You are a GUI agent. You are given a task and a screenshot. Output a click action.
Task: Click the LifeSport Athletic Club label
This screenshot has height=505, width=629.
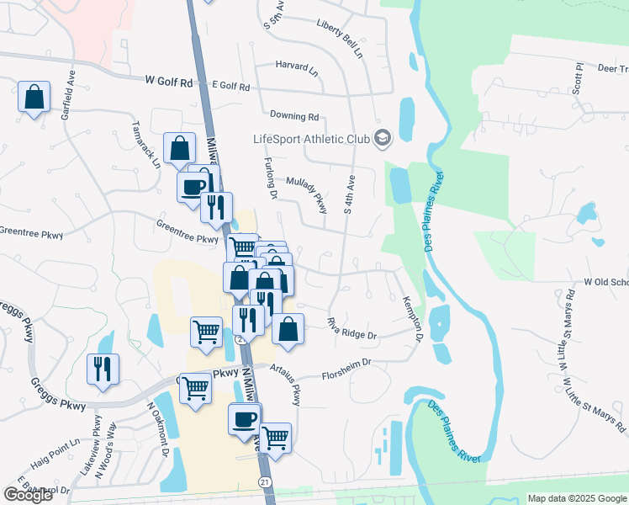[312, 139]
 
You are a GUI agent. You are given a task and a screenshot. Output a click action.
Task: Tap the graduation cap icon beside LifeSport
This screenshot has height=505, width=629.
[383, 137]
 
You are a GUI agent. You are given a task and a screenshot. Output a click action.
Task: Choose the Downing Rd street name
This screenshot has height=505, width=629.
[294, 116]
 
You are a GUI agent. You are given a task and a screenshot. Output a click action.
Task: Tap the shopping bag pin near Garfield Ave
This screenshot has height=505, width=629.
[34, 98]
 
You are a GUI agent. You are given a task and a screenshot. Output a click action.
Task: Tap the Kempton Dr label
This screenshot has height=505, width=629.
[411, 318]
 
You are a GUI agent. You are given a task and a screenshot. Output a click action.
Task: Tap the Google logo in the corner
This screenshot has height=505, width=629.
[29, 495]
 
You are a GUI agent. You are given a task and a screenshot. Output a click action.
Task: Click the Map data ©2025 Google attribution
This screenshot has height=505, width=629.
[576, 498]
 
